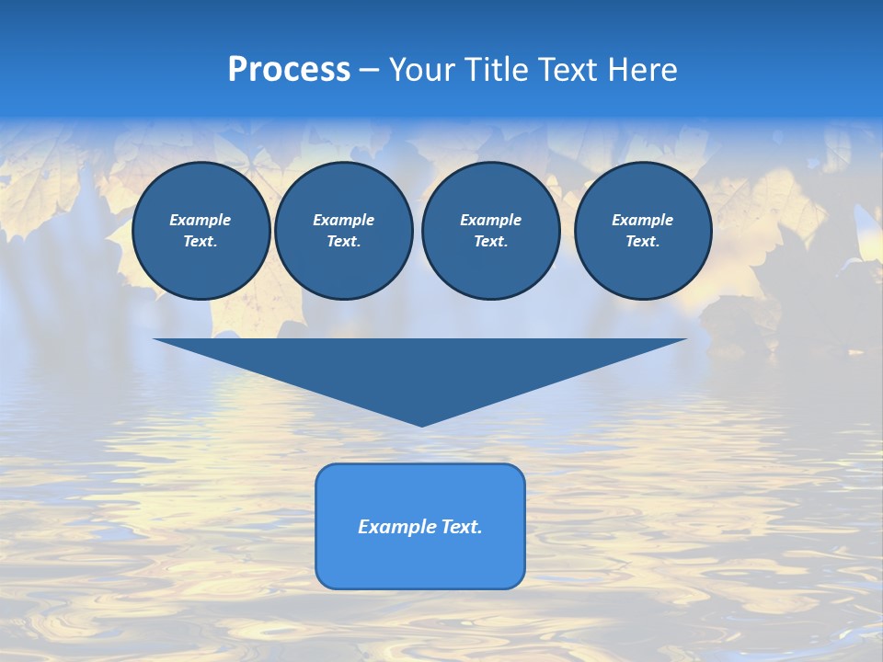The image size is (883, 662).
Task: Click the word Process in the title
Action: coord(289,70)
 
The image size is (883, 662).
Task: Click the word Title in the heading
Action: coord(496,70)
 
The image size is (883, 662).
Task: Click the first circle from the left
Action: coord(201,231)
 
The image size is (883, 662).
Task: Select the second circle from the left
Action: coord(343,231)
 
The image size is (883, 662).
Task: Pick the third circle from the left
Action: coord(490,231)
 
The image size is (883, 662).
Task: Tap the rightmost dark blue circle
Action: coord(643,231)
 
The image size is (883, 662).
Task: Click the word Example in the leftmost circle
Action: coord(201,220)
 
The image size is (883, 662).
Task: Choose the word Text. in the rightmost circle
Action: coord(643,242)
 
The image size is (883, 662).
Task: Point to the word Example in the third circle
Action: coord(490,220)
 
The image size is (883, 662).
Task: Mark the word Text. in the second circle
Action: coord(343,242)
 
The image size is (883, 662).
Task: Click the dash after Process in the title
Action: coord(370,70)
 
